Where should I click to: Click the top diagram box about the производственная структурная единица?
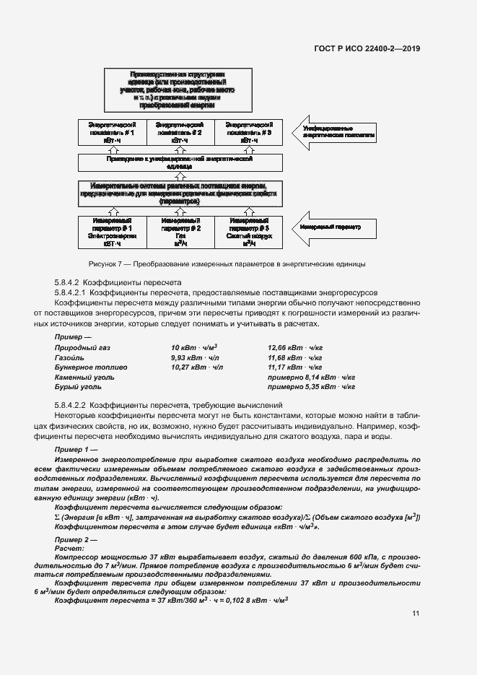(176, 89)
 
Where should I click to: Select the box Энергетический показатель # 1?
(112, 134)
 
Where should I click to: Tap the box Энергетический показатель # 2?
(177, 134)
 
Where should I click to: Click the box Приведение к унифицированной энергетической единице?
(176, 161)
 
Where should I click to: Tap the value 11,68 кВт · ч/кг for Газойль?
(294, 357)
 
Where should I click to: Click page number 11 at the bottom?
(416, 614)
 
